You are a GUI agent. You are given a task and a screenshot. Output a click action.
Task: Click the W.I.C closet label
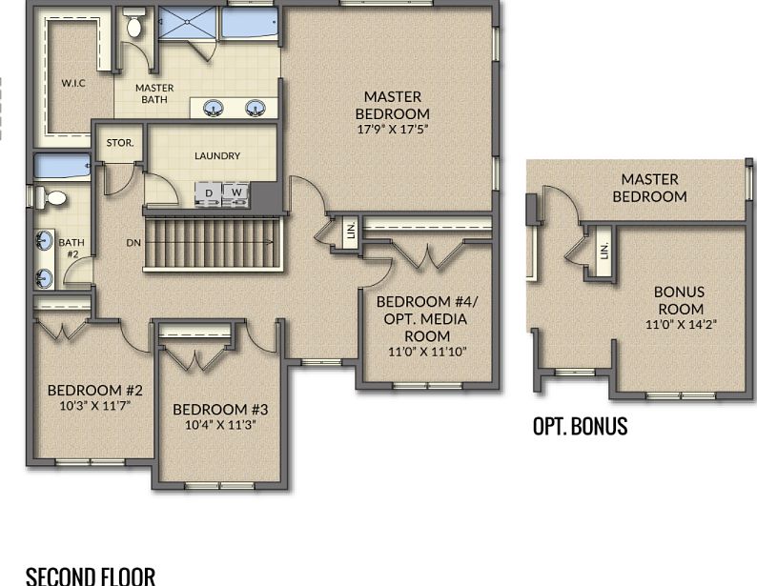[73, 83]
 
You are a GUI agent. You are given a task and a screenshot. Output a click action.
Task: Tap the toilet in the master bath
[133, 23]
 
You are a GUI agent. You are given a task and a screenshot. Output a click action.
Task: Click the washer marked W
[236, 192]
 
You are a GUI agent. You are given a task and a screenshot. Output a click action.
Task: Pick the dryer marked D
[209, 192]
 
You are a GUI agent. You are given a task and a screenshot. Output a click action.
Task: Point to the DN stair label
[133, 243]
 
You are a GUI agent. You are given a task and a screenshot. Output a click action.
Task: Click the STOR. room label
[120, 143]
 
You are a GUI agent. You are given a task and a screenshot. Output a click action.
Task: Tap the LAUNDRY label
[217, 155]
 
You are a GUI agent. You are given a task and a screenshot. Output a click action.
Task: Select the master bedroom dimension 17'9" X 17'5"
[393, 130]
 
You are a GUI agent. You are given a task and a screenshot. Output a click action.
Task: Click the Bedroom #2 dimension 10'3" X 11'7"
[95, 406]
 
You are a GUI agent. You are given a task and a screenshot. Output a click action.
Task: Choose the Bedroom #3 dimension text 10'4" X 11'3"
[220, 425]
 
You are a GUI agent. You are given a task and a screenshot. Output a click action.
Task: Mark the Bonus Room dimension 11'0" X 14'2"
[681, 324]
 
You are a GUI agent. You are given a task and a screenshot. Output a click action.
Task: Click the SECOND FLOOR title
[91, 576]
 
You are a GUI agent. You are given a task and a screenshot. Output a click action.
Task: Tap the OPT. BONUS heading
[580, 426]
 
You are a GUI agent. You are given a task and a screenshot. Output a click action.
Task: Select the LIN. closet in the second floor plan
[351, 231]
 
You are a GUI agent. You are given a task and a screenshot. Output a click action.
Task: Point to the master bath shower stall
[188, 22]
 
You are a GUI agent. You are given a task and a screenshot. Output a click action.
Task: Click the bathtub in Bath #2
[62, 167]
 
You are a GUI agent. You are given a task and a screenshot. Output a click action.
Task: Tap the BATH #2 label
[72, 248]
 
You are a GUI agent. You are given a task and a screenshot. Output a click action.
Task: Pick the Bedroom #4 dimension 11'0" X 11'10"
[427, 353]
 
